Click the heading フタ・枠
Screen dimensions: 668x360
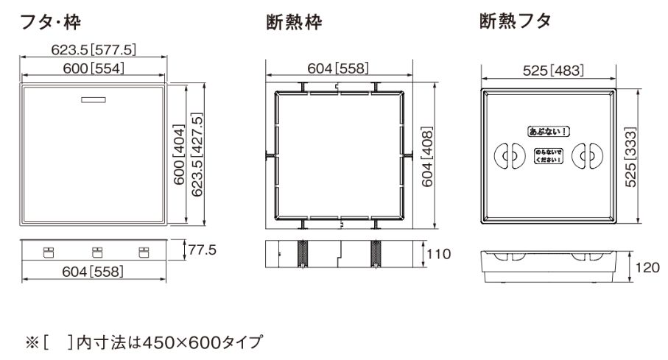coord(50,21)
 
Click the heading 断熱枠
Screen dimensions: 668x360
coord(295,22)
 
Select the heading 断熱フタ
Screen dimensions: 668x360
coord(516,21)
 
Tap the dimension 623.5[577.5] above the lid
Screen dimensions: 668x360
coord(94,50)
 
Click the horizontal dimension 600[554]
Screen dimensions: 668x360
coord(94,68)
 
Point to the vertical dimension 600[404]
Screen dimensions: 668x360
coord(179,154)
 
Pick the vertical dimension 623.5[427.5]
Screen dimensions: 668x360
coord(197,154)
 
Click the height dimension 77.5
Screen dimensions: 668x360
coord(202,250)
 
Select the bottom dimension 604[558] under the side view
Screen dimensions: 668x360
coord(93,272)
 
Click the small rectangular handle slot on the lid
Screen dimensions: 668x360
coord(94,100)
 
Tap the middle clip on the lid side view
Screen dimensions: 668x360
coord(97,253)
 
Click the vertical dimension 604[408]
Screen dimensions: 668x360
coord(427,157)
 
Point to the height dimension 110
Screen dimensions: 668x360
coord(439,254)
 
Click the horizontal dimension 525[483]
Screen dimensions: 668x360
coord(553,70)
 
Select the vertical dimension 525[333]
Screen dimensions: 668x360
coord(630,157)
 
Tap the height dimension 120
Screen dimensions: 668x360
coord(647,267)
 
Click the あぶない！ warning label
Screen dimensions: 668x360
coord(549,131)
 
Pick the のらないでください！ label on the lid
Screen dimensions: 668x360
coord(549,156)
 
